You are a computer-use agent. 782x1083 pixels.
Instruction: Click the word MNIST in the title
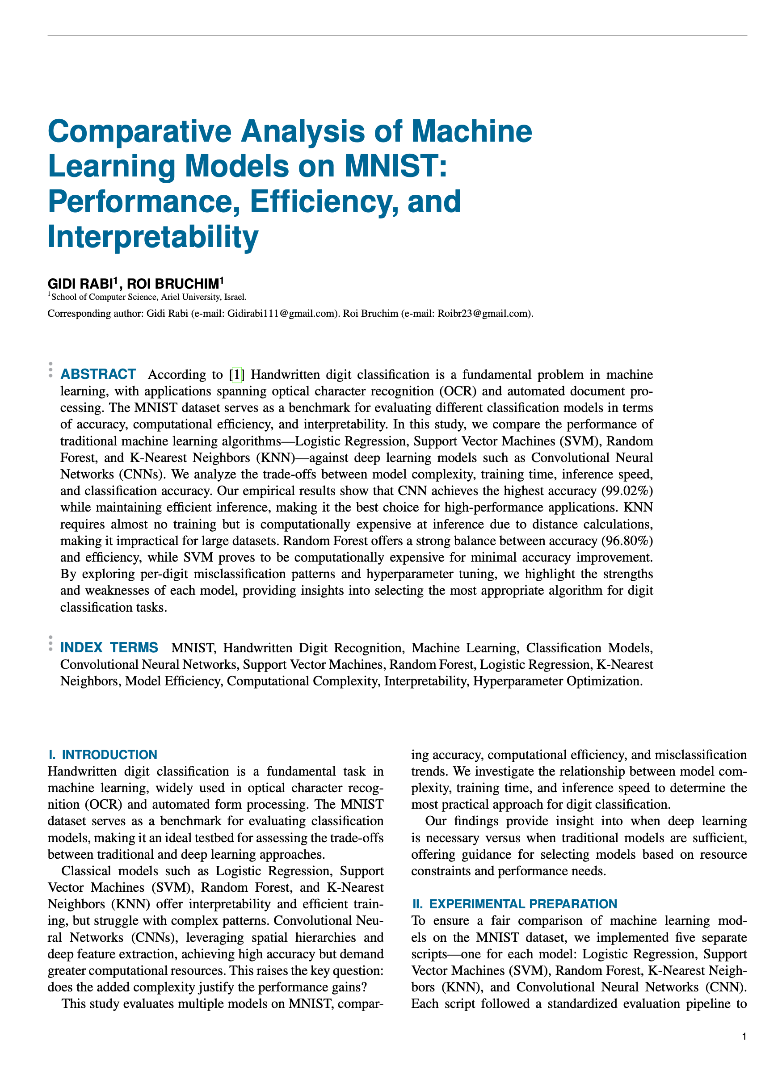coord(395,166)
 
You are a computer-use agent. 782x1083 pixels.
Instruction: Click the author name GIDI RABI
coord(80,284)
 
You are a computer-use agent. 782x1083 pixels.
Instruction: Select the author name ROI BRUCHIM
coord(172,284)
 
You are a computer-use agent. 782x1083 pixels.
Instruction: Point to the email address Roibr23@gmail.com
coord(483,314)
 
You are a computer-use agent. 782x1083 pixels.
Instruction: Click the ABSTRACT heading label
coord(98,374)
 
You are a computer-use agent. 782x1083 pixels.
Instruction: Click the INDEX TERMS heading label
coord(109,648)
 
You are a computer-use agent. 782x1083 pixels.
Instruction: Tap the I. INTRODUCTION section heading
coord(103,755)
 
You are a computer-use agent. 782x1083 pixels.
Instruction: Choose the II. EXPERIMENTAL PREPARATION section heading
coord(514,904)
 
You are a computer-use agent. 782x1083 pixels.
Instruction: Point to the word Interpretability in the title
coord(153,237)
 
